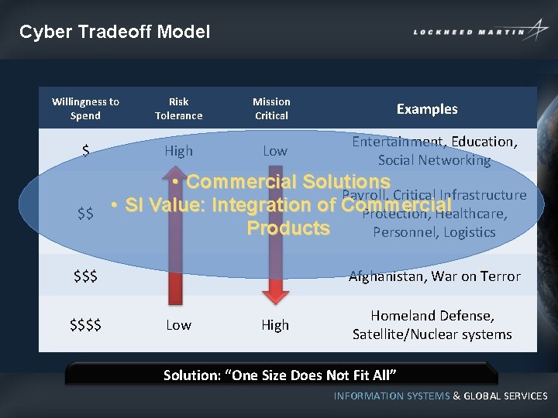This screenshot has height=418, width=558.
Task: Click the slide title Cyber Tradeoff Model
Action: click(x=115, y=32)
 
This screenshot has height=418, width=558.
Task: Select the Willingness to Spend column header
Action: click(x=85, y=108)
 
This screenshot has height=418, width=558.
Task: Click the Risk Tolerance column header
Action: click(x=178, y=108)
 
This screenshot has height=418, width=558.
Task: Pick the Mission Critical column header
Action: click(x=271, y=108)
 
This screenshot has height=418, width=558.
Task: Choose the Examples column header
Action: click(x=427, y=109)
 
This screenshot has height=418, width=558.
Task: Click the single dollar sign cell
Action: click(x=85, y=151)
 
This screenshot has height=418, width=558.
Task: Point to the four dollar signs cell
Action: click(x=85, y=325)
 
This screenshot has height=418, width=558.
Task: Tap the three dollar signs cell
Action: click(x=85, y=276)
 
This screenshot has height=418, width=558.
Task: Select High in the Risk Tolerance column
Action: click(x=178, y=151)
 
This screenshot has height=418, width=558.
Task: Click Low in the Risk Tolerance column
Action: click(x=178, y=325)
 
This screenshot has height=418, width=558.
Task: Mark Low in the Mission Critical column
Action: click(x=274, y=151)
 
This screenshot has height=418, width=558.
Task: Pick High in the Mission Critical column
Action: click(x=274, y=325)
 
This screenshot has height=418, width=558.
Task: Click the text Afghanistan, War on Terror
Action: click(x=434, y=276)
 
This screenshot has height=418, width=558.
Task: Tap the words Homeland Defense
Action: click(x=432, y=316)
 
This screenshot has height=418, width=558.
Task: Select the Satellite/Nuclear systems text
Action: click(x=432, y=334)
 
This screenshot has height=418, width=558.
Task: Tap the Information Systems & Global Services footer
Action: click(x=440, y=396)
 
